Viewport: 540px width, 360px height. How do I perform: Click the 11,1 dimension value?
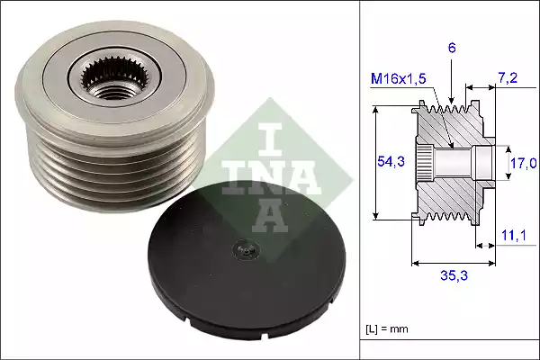click(x=513, y=235)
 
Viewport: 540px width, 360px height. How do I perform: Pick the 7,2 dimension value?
click(x=509, y=80)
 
